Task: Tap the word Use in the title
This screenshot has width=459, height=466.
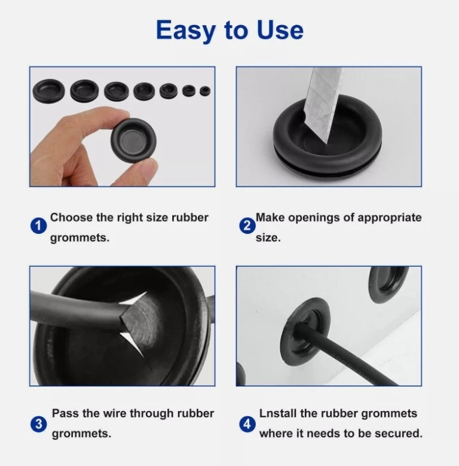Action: pos(280,30)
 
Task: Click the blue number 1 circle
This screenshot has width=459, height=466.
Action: pos(39,226)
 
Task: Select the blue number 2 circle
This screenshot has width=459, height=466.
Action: pos(247,226)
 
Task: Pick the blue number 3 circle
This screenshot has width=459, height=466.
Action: pos(39,424)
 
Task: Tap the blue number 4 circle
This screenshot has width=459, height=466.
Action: pos(247,424)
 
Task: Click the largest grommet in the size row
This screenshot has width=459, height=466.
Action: pos(48,91)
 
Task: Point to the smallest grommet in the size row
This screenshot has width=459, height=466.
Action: pos(205,91)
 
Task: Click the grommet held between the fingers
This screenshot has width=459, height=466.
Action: pos(134,140)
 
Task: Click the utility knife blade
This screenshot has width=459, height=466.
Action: pos(322,105)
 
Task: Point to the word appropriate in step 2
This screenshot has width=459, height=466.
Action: pos(390,218)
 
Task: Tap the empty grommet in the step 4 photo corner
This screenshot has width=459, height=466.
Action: pos(387,284)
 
